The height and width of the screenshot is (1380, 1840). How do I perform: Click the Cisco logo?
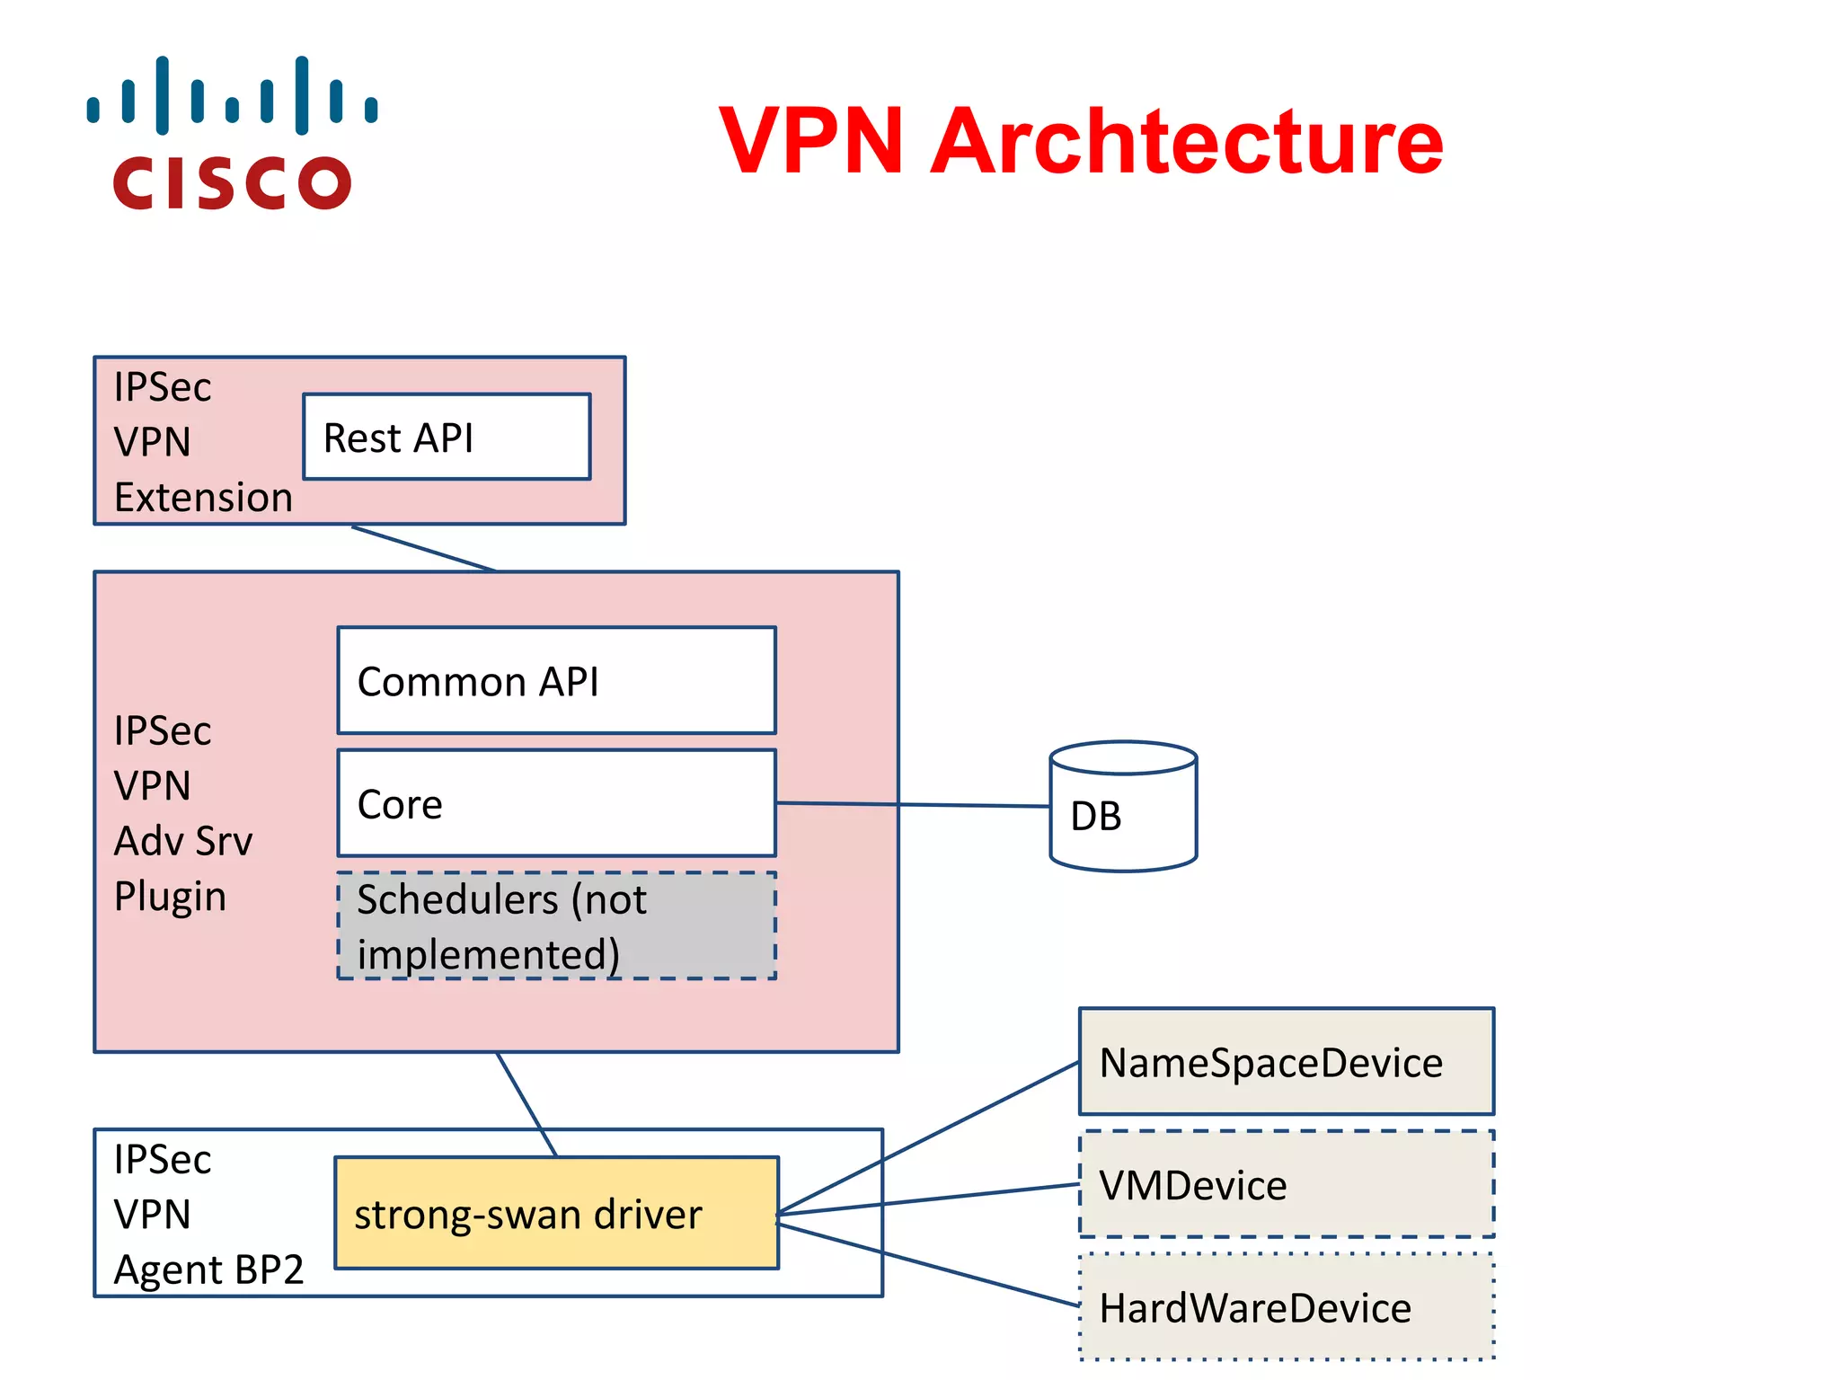[232, 133]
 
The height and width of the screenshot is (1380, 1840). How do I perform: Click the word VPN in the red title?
[810, 141]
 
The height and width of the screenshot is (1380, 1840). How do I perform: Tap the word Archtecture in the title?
[1186, 141]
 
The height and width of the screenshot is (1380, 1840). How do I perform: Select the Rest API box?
[447, 438]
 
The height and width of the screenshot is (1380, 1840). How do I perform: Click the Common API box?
[556, 681]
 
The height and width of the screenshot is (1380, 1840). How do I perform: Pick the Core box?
[556, 803]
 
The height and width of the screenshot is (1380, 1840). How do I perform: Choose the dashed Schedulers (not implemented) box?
[556, 925]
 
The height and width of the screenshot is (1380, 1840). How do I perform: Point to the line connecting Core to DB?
[912, 805]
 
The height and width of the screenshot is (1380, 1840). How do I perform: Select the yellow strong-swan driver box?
[556, 1213]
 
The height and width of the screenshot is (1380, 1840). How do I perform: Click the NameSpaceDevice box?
[1286, 1062]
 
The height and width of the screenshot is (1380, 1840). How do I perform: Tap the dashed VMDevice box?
[1286, 1184]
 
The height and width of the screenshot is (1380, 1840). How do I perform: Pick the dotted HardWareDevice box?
[1286, 1307]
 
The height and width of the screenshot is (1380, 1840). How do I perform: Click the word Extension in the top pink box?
[203, 497]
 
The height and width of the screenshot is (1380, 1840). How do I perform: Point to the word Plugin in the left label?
[170, 896]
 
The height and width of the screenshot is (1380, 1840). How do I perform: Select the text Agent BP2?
[208, 1269]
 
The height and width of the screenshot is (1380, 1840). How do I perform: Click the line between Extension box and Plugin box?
[422, 548]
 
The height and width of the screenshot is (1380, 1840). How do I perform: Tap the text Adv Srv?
[183, 841]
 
